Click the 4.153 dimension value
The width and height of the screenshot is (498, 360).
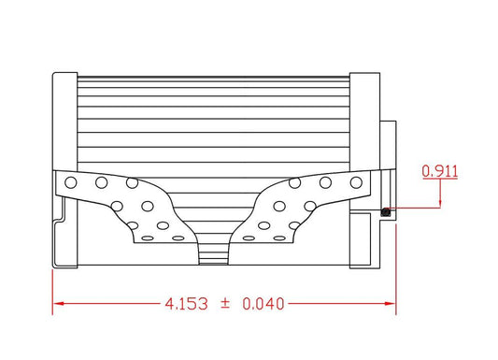pyautogui.click(x=183, y=304)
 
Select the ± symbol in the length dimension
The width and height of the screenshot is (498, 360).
pyautogui.click(x=225, y=304)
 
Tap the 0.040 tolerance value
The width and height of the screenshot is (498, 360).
pyautogui.click(x=263, y=304)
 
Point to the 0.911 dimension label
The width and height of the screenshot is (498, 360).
pyautogui.click(x=439, y=171)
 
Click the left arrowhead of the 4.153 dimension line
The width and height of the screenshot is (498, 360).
pyautogui.click(x=58, y=304)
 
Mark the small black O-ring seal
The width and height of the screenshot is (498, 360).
pyautogui.click(x=385, y=210)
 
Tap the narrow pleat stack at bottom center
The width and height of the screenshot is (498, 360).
pyautogui.click(x=215, y=251)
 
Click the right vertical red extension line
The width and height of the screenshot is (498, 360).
pyautogui.click(x=395, y=271)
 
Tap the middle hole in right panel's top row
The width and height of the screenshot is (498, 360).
pyautogui.click(x=325, y=182)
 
